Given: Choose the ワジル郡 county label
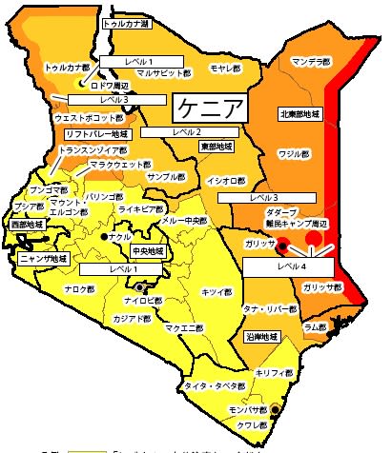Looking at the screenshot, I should [x=294, y=152].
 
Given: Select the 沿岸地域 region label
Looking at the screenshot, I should [x=261, y=336].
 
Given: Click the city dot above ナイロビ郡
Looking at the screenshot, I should [x=141, y=286].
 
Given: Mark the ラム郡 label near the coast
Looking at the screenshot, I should [x=315, y=325].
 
